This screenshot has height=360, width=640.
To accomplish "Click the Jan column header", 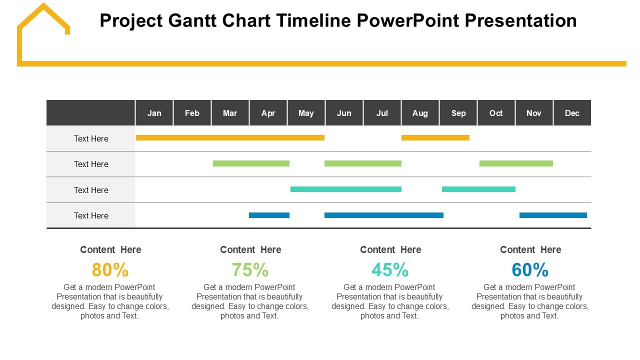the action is [x=154, y=113].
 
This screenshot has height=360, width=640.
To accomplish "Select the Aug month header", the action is [x=420, y=113].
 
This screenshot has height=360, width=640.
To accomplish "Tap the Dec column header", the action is [x=572, y=113].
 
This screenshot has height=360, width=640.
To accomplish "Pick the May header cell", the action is [x=306, y=113].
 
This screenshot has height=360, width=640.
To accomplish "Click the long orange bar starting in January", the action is [x=230, y=137].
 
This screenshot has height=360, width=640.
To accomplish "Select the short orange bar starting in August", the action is [x=435, y=137].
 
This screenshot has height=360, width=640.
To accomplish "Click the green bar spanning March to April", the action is [x=251, y=163].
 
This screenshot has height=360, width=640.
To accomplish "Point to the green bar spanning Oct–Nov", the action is [x=516, y=163].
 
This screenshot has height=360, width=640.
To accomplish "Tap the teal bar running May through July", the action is [x=346, y=189].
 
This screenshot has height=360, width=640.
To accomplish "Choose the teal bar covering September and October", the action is [x=478, y=189].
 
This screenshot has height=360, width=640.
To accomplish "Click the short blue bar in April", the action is [x=269, y=215].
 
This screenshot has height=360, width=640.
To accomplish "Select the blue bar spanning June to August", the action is [x=384, y=215].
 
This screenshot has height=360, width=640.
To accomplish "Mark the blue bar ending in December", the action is [x=553, y=215].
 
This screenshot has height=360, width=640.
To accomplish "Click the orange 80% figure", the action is [x=110, y=269].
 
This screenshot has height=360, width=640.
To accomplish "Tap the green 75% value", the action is [x=250, y=269].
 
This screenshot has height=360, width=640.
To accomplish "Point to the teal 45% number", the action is [x=390, y=269].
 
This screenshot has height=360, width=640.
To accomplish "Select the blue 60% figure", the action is [x=530, y=269].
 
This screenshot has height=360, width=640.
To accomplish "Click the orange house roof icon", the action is [x=43, y=17].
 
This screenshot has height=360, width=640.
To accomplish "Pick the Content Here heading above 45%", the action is [x=390, y=249].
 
